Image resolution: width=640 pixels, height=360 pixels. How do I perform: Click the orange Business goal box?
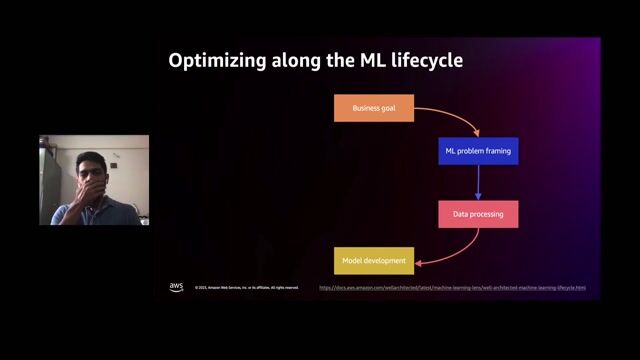click(373, 108)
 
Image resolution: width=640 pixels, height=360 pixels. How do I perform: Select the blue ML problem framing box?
click(478, 151)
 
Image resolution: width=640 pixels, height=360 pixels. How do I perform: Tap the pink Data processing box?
click(478, 214)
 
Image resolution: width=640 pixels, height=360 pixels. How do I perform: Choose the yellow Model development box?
click(373, 261)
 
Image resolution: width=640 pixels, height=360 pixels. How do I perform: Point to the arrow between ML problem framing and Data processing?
click(478, 183)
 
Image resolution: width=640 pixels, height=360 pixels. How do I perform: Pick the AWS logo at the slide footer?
click(176, 287)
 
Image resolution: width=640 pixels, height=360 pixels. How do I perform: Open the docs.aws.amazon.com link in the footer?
click(452, 288)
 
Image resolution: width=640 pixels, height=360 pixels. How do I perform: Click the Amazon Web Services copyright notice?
click(247, 288)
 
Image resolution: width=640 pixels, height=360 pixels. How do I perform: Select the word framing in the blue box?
click(496, 151)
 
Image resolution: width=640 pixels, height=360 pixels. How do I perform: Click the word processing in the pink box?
click(487, 214)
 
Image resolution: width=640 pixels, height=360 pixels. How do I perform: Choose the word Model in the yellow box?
click(353, 261)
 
